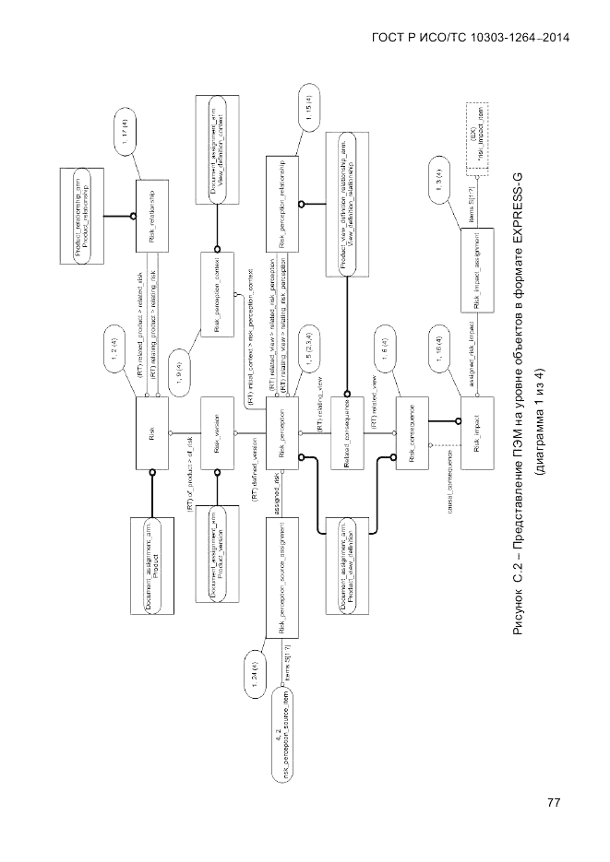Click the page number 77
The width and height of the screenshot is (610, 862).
point(554,802)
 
